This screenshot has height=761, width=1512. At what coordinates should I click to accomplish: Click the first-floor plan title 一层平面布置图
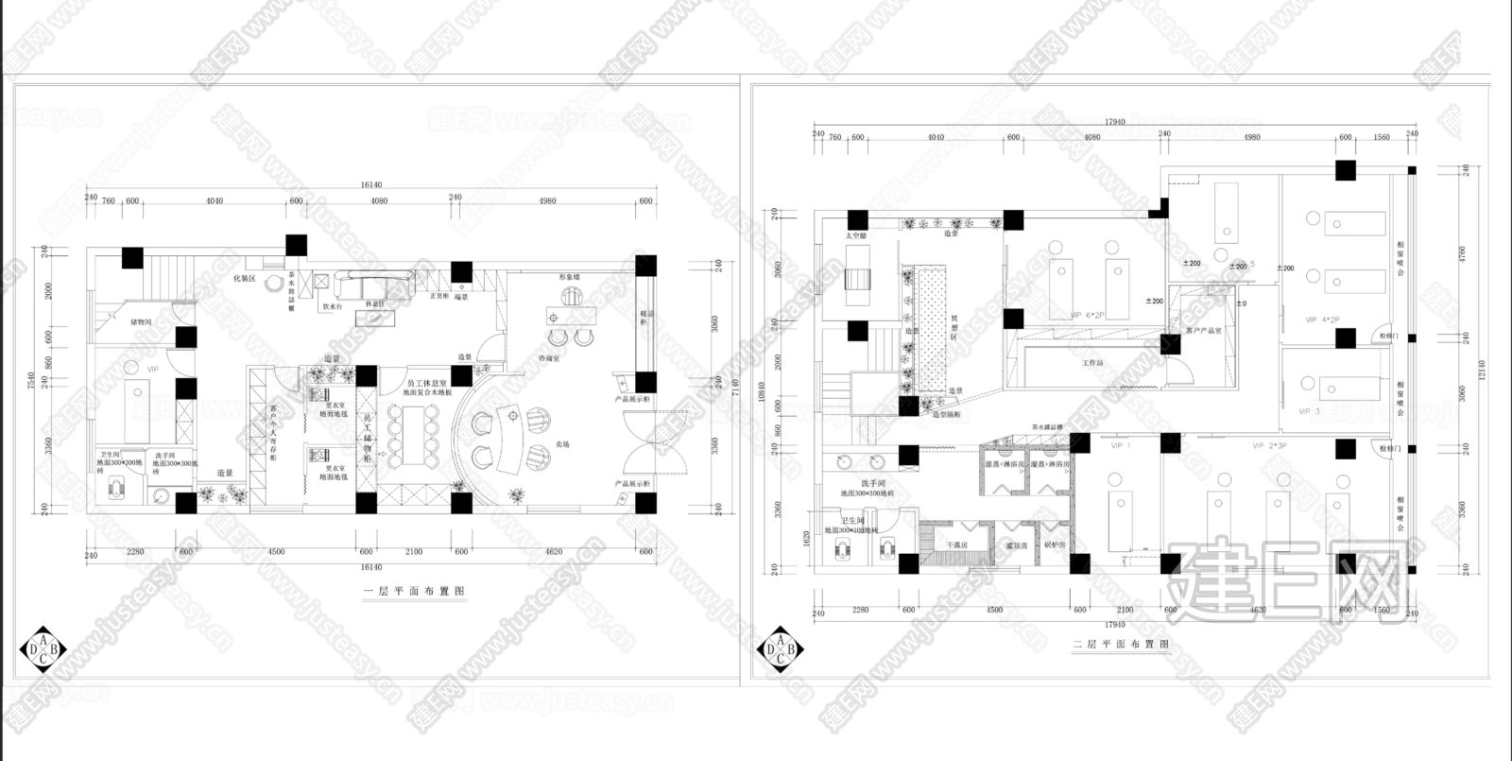click(415, 591)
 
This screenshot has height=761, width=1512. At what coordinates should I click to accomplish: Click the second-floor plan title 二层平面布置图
click(1122, 644)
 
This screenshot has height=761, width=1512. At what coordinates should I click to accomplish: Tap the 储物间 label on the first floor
click(141, 321)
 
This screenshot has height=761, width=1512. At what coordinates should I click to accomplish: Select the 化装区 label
click(246, 279)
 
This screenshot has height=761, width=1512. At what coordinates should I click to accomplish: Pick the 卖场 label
click(562, 443)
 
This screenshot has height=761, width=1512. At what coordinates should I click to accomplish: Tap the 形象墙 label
click(568, 277)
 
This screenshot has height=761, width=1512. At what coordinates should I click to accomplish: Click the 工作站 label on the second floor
click(1092, 362)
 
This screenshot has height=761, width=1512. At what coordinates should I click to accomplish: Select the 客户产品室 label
click(1204, 331)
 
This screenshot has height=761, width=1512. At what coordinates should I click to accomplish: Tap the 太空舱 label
click(855, 234)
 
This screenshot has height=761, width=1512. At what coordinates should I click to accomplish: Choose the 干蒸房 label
click(954, 545)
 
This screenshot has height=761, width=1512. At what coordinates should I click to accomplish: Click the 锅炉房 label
click(1054, 545)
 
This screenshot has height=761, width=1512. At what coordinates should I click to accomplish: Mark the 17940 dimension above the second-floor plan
click(1115, 122)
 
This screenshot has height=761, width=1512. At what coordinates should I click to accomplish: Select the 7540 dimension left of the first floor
click(31, 379)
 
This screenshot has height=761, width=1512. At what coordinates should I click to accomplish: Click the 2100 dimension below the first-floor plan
click(414, 551)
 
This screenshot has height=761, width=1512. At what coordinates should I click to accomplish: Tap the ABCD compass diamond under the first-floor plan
click(43, 648)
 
